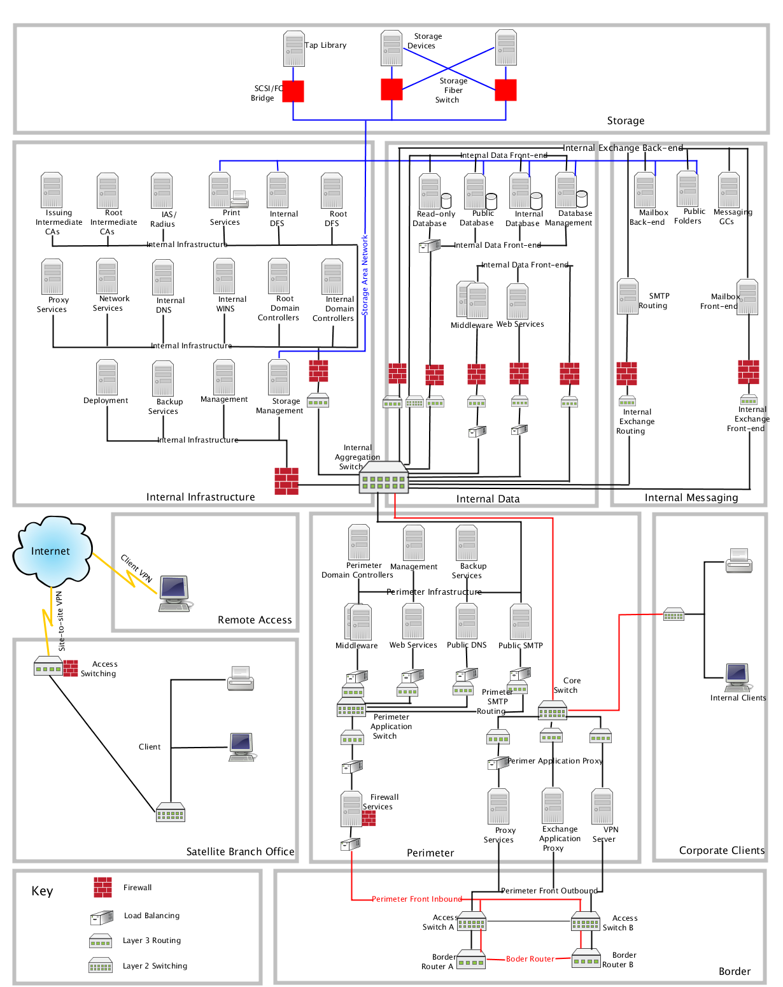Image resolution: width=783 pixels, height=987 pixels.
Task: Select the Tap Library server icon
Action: click(294, 49)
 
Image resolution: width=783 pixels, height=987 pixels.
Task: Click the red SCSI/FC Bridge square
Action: click(293, 91)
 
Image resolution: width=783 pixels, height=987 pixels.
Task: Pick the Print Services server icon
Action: click(220, 190)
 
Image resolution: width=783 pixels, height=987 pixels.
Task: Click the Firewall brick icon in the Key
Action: click(102, 887)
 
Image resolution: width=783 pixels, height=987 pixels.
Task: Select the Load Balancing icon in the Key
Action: click(102, 917)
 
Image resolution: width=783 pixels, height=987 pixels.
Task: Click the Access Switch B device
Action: click(585, 921)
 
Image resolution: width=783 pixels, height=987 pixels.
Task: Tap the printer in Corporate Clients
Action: click(739, 560)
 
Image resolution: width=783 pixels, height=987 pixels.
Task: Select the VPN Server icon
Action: click(602, 807)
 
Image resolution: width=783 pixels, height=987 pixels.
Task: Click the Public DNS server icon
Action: click(467, 621)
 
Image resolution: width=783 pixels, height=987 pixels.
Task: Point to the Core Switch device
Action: click(552, 709)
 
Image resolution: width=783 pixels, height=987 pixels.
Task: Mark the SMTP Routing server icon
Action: click(628, 297)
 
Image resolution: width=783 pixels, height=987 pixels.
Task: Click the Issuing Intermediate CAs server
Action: click(52, 190)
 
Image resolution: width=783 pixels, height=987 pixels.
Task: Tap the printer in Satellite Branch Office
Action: click(241, 678)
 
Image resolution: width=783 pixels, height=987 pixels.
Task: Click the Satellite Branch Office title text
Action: click(240, 851)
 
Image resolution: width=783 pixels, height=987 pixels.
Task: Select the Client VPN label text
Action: click(137, 568)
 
